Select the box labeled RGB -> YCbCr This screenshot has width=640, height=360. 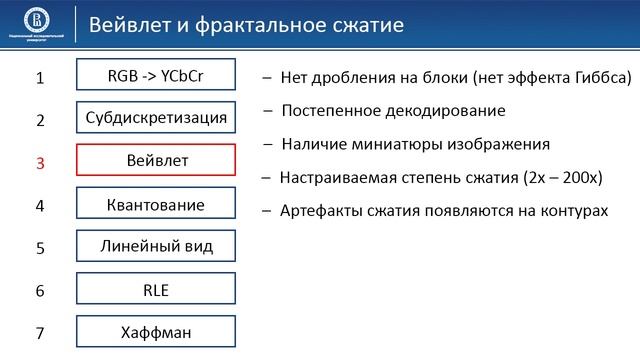155,75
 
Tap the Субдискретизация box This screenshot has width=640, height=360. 155,118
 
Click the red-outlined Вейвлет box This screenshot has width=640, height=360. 155,161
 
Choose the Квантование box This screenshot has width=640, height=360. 155,204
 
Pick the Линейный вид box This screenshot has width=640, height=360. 155,246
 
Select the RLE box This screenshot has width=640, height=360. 155,290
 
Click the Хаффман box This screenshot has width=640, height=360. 155,332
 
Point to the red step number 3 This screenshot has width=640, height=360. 40,163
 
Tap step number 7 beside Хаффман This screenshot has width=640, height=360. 40,334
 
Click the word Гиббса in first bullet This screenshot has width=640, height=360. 599,78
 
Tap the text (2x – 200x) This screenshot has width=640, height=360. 562,177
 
